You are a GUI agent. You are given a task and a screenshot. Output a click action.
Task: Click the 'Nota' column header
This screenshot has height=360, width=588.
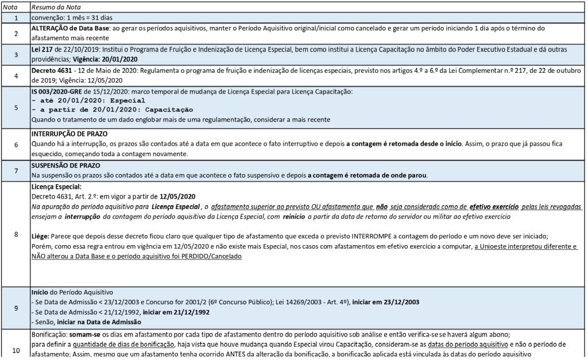15,7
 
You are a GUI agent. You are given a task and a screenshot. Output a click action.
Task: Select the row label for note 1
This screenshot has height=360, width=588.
15,18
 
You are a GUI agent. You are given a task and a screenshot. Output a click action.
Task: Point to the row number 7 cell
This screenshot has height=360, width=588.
15,171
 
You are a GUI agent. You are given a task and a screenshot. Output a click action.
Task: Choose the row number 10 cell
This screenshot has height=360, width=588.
15,349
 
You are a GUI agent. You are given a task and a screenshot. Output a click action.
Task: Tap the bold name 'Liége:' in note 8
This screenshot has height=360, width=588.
40,237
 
